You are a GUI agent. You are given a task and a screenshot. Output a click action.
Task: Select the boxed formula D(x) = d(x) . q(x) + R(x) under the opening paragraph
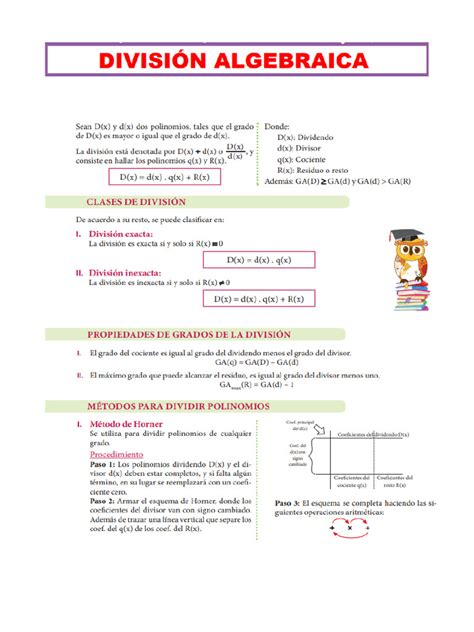[164, 177]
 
